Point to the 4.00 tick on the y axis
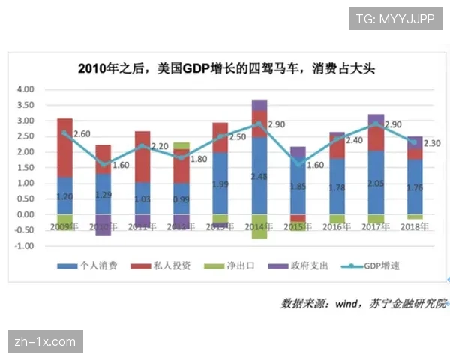25,89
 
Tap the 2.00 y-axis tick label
25,152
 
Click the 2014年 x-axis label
259,226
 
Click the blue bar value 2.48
259,177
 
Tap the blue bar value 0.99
181,199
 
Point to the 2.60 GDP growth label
82,134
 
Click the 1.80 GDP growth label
198,160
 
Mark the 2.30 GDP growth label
433,143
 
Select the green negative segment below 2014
259,226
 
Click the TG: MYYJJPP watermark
395,17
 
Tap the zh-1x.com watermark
45,342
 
